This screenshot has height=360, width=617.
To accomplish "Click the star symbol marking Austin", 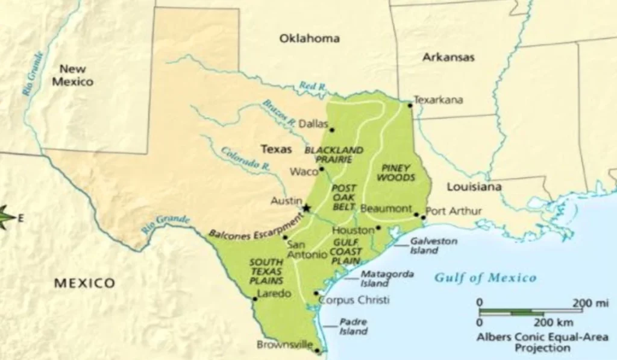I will coord(306,208).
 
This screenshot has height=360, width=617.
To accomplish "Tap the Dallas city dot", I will coord(331,130).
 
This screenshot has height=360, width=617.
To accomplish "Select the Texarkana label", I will coord(439,100).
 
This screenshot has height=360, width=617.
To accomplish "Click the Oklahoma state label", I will coord(309,39).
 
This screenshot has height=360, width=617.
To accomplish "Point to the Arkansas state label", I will coord(448,57).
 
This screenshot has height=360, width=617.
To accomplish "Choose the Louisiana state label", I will coord(474,187).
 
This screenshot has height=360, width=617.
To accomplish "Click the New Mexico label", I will coord(72,75).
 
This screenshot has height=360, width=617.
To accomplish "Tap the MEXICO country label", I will coord(84,283).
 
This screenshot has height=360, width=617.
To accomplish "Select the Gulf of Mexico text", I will coord(485,278).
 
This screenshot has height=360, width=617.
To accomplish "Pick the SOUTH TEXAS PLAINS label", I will coord(266,271).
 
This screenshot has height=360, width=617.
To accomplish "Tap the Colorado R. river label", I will coord(244,158).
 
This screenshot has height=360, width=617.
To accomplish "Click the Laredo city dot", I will coord(255,298).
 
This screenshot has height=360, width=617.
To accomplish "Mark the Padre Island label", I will coord(352,326).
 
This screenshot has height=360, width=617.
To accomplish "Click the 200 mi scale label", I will coord(591,302).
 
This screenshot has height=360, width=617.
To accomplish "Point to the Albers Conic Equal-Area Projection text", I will coord(542,343).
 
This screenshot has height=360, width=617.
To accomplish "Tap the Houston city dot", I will coord(378,228).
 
